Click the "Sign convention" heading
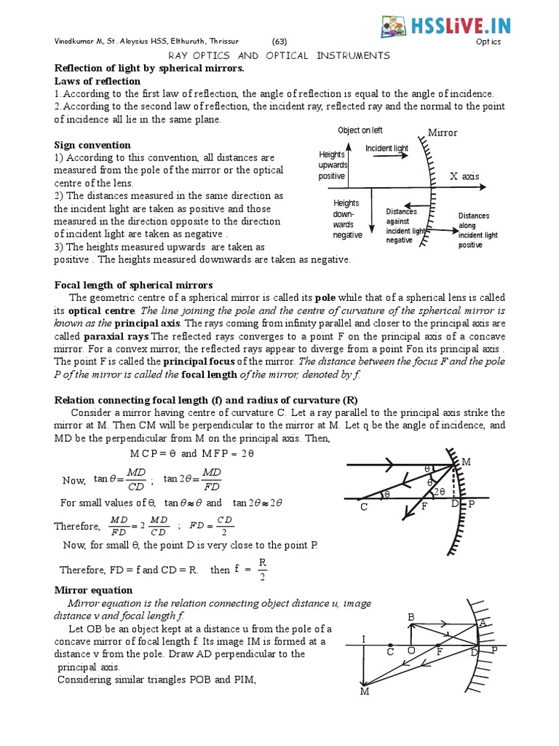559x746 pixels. [92, 145]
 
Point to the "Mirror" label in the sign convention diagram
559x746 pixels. [442, 133]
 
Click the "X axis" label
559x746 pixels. [464, 176]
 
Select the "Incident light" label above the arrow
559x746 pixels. [386, 149]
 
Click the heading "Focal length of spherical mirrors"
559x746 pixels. [134, 284]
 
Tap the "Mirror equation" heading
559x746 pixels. [94, 590]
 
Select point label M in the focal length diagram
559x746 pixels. [466, 462]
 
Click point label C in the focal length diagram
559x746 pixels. [363, 507]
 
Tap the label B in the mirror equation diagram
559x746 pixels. [411, 617]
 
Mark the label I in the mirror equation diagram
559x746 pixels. [363, 640]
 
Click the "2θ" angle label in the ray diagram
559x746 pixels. [440, 492]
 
